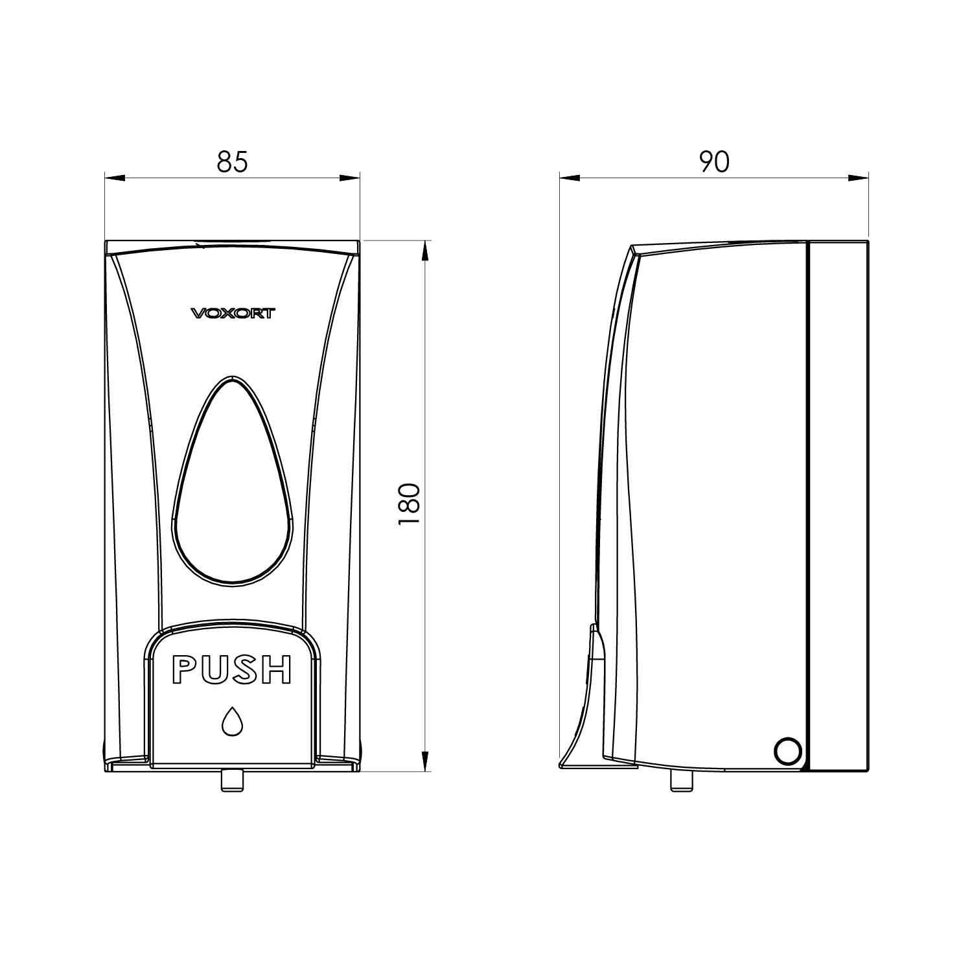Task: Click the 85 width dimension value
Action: click(x=232, y=162)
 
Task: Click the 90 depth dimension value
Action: click(x=714, y=162)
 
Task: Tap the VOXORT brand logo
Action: click(x=233, y=314)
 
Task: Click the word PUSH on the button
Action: click(x=231, y=670)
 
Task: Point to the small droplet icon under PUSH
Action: click(x=232, y=721)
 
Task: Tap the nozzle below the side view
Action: click(x=682, y=781)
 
